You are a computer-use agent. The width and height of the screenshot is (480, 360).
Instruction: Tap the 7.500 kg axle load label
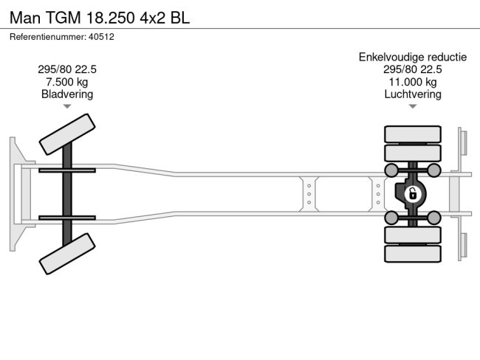pyautogui.click(x=67, y=82)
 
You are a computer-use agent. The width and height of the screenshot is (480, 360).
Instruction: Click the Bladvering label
pyautogui.click(x=67, y=94)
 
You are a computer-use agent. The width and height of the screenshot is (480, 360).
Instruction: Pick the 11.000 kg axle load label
pyautogui.click(x=413, y=82)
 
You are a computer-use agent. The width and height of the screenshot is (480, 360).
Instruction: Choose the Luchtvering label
pyautogui.click(x=413, y=94)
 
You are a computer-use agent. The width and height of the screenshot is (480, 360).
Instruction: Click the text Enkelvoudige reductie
pyautogui.click(x=413, y=57)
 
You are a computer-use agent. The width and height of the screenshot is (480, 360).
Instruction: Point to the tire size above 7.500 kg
pyautogui.click(x=67, y=69)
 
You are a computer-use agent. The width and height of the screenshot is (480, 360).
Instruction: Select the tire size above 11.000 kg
pyautogui.click(x=413, y=69)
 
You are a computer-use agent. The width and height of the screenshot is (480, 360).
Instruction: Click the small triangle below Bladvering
pyautogui.click(x=67, y=107)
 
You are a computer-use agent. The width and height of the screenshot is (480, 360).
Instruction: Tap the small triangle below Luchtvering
pyautogui.click(x=413, y=107)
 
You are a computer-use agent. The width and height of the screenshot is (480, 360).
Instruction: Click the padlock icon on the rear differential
pyautogui.click(x=413, y=194)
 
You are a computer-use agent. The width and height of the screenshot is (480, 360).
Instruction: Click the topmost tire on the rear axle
pyautogui.click(x=413, y=135)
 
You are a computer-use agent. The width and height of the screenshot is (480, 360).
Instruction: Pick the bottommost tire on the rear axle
pyautogui.click(x=413, y=254)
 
